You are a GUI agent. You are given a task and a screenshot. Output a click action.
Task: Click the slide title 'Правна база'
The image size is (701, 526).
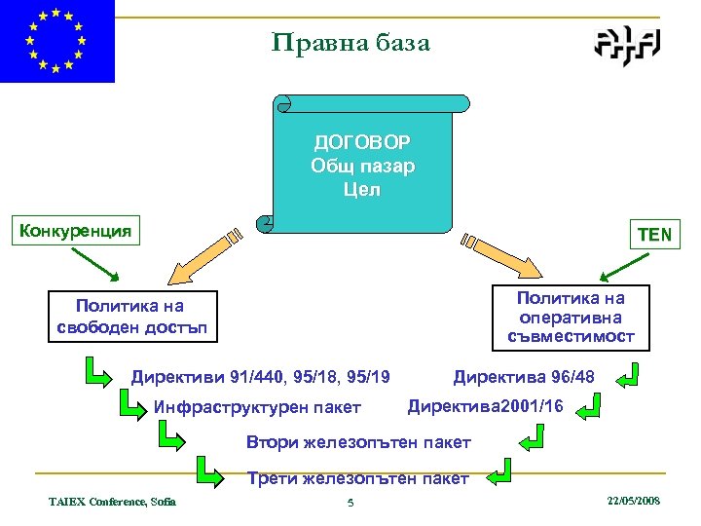[350, 43]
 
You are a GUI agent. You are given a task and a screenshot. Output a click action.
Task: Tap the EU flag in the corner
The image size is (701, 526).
[57, 41]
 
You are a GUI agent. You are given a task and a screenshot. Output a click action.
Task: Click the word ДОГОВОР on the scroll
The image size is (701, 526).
[362, 143]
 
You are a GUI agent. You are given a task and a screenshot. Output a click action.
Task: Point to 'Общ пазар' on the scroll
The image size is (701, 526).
[362, 166]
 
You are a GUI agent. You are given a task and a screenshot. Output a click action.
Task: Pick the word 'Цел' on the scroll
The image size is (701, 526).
[362, 189]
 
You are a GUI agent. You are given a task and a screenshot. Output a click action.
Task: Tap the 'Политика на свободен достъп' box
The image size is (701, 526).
[132, 317]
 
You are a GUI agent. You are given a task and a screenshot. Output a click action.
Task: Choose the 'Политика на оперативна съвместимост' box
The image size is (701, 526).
[571, 317]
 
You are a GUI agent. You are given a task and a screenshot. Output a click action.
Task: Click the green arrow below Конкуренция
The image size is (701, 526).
[95, 263]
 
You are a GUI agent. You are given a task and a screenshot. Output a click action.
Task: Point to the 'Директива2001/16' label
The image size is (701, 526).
[485, 405]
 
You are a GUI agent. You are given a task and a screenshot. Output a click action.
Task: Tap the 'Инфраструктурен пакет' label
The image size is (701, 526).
[257, 407]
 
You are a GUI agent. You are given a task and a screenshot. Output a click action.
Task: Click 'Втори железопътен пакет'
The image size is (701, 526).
[358, 442]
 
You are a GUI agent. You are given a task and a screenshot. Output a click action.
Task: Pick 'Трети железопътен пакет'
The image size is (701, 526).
[358, 478]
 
